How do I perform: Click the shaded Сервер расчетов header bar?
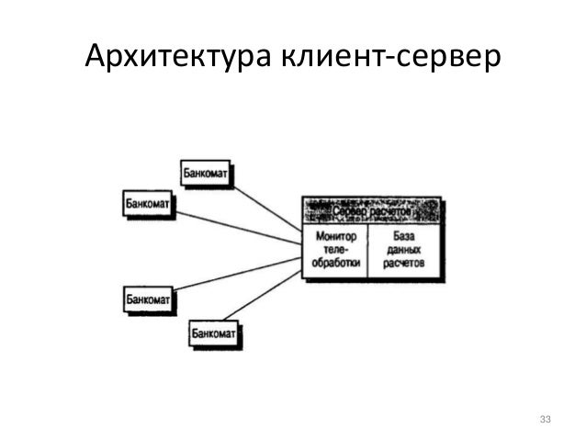click(371, 211)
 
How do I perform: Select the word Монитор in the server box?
click(335, 236)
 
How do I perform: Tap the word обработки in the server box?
click(335, 263)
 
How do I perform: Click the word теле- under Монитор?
click(335, 249)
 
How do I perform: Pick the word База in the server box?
click(404, 236)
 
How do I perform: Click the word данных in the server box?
click(404, 249)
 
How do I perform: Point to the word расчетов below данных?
click(404, 263)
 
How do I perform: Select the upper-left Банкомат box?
click(148, 203)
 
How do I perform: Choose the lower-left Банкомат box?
click(148, 299)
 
